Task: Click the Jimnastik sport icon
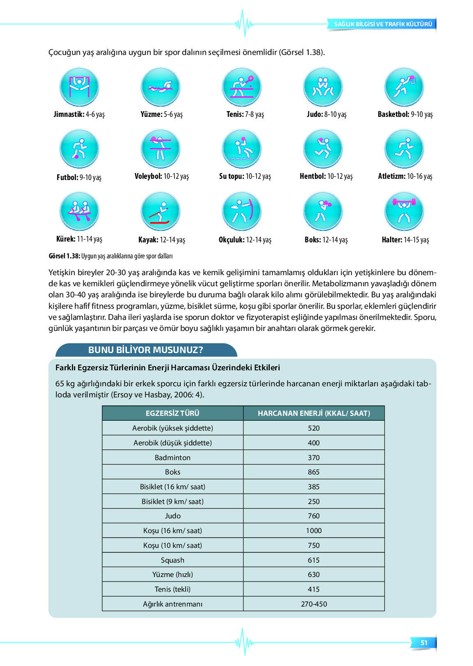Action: click(x=79, y=87)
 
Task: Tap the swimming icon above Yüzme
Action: click(x=161, y=87)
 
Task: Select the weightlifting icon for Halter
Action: click(x=404, y=212)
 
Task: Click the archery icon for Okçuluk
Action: click(x=242, y=212)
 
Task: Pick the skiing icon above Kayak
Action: click(x=161, y=212)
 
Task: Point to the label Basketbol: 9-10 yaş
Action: click(x=405, y=114)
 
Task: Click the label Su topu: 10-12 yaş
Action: click(x=245, y=176)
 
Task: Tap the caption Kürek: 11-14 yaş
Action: click(x=79, y=239)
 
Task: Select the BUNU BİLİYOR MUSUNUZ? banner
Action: click(x=146, y=350)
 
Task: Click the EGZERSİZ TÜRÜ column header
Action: click(x=172, y=413)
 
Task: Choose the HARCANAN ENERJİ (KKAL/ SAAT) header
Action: click(x=314, y=413)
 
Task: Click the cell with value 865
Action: click(x=314, y=472)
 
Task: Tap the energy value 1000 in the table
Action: click(x=314, y=531)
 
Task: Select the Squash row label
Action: click(x=172, y=560)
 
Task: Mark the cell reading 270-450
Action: click(x=314, y=604)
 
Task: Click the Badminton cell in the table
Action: click(x=172, y=458)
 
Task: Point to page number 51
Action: click(x=424, y=643)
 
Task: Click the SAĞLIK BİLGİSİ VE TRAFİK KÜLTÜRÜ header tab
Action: click(x=383, y=24)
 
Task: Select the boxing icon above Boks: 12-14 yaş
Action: click(x=323, y=212)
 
